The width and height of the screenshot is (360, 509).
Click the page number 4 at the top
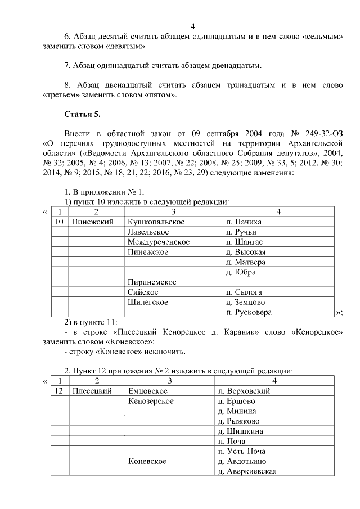[x=193, y=27]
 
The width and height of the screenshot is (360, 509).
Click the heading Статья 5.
[x=83, y=115]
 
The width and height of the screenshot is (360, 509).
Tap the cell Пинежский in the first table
[x=89, y=222]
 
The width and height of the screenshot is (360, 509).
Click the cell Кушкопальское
[x=156, y=222]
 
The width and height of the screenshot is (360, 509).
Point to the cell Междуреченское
[x=158, y=242]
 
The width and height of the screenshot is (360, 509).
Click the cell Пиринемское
[x=152, y=282]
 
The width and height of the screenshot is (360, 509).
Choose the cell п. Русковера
[x=249, y=313]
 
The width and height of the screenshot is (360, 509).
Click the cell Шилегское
[x=148, y=303]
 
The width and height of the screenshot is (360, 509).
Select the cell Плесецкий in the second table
[x=92, y=391]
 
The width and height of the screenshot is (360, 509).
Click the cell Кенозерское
[x=151, y=401]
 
